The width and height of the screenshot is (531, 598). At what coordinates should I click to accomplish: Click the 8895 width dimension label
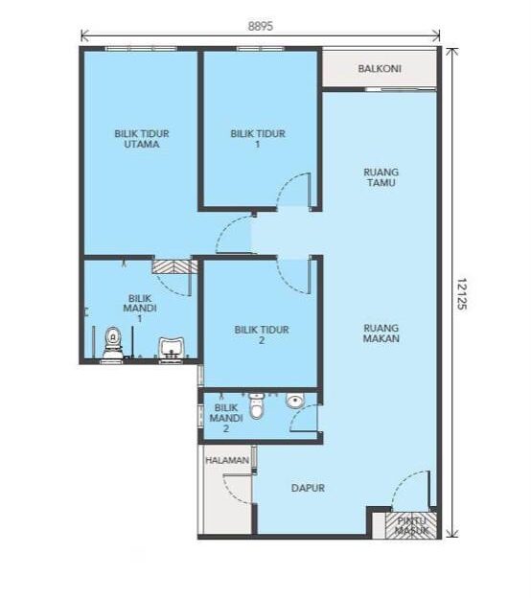[x=261, y=26]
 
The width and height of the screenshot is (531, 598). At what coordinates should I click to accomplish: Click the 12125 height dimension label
[x=462, y=293]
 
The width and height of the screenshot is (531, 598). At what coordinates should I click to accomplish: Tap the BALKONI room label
[x=380, y=69]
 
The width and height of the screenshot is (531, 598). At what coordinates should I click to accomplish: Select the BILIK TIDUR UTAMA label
[x=142, y=139]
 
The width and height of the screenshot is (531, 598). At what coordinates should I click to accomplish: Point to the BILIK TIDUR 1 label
[x=258, y=139]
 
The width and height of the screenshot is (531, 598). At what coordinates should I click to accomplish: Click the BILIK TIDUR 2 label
[x=262, y=334]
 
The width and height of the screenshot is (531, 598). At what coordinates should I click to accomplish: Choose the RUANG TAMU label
[x=381, y=177]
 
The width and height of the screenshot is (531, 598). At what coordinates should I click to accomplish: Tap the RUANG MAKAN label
[x=381, y=333]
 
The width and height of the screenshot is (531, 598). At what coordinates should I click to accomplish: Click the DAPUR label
[x=308, y=488]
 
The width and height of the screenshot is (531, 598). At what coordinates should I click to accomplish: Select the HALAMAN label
[x=227, y=460]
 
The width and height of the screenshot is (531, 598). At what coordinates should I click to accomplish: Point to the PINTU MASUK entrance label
[x=411, y=525]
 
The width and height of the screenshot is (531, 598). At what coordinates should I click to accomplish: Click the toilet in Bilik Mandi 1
[x=113, y=343]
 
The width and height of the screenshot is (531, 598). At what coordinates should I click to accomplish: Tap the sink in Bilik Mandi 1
[x=172, y=348]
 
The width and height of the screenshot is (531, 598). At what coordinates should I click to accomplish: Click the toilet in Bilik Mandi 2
[x=257, y=405]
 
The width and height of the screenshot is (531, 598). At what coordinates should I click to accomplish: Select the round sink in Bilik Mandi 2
[x=295, y=401]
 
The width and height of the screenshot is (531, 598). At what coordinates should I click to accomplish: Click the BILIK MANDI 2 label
[x=226, y=419]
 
